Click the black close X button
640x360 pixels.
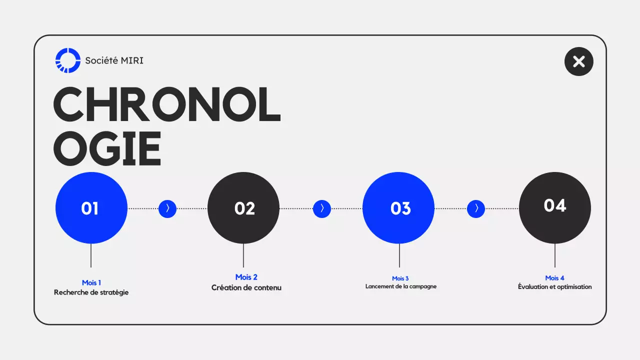(578, 61)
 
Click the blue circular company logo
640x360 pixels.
(68, 60)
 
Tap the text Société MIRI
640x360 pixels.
(114, 60)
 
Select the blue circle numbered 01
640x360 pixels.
(91, 208)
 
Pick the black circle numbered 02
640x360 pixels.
(243, 208)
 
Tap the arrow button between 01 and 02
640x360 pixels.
(167, 208)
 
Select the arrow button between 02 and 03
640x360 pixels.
(322, 208)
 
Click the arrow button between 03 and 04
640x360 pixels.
(476, 208)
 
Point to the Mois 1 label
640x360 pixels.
(91, 283)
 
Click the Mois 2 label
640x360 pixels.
(246, 277)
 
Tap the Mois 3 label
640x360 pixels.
(400, 278)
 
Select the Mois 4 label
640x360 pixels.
(554, 278)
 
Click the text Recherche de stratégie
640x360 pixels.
(91, 292)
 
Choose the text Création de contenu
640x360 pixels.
(246, 287)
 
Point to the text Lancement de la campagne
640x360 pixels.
(401, 286)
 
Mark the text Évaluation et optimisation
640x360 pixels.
(554, 287)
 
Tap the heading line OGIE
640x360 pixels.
(107, 148)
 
